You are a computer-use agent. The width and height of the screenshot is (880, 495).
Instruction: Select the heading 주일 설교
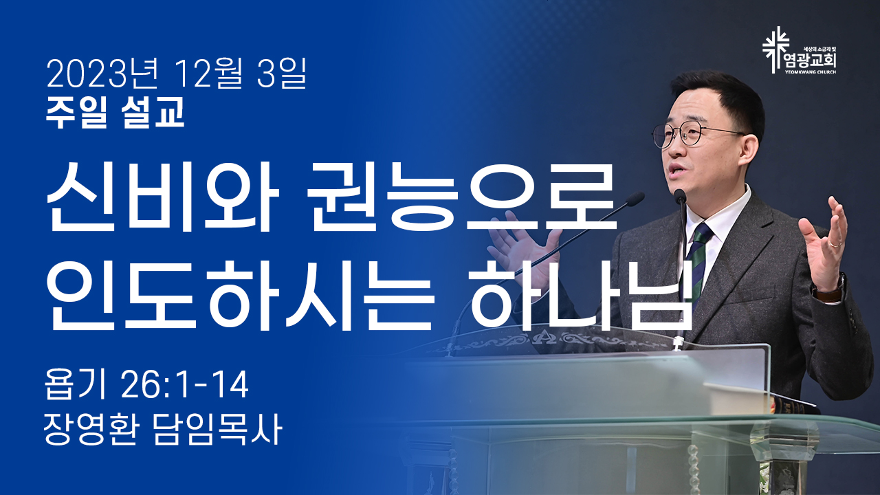pyautogui.click(x=115, y=113)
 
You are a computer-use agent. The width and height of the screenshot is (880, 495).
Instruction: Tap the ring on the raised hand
pyautogui.click(x=835, y=244)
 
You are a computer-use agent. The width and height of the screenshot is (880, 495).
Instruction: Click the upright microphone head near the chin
pyautogui.click(x=680, y=196)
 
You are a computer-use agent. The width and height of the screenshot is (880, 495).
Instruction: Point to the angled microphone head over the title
pyautogui.click(x=635, y=199)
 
